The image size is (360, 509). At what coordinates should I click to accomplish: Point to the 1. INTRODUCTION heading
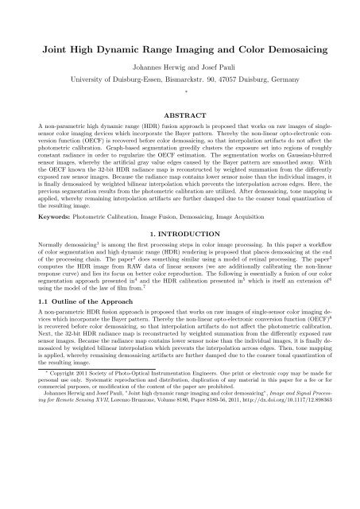[180, 259]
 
